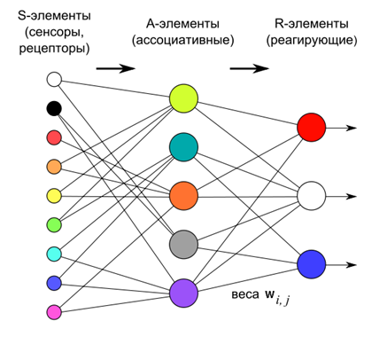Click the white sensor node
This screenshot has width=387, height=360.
tap(53, 80)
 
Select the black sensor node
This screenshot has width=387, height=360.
tap(53, 108)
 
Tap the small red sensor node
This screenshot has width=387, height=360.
tap(53, 137)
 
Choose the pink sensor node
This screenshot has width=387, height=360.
tap(53, 311)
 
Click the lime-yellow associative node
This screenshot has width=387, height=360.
tap(183, 98)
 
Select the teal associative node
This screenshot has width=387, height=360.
tap(183, 146)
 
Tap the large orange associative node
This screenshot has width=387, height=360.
tap(183, 194)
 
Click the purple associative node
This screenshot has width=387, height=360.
tap(183, 292)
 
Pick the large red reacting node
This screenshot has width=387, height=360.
tap(312, 128)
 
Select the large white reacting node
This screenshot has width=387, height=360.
tap(312, 195)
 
